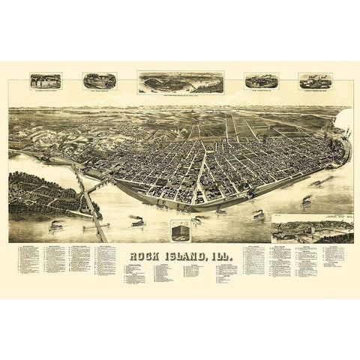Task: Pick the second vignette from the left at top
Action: [x=100, y=81]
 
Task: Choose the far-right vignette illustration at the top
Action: [x=315, y=81]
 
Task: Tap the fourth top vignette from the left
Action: [x=261, y=82]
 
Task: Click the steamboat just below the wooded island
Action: [x=58, y=225]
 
